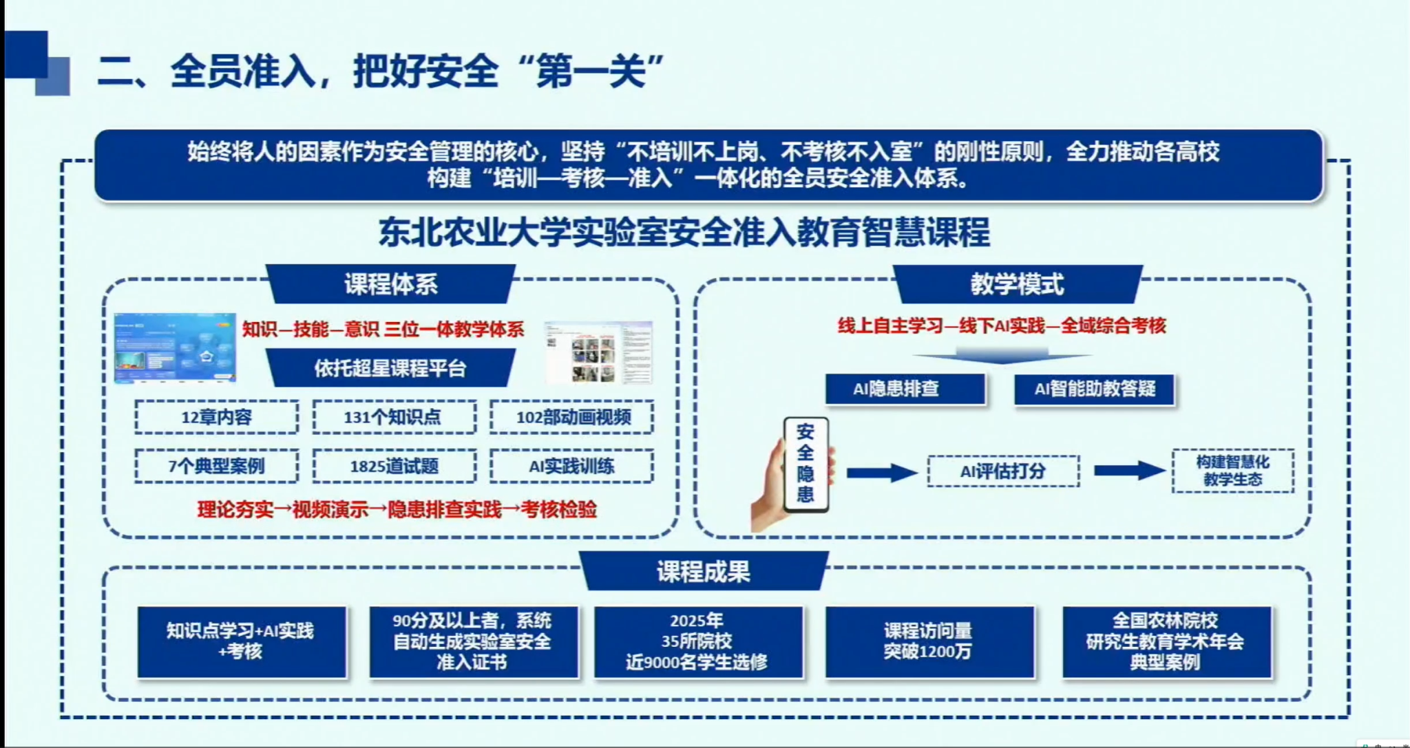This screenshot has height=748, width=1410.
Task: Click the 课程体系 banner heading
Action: tap(390, 284)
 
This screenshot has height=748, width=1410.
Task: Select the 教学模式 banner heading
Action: tap(1017, 284)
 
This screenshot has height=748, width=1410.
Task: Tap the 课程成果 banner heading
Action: tap(703, 571)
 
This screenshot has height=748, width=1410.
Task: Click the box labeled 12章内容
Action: tap(217, 417)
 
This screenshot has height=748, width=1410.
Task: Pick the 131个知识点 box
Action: tap(394, 417)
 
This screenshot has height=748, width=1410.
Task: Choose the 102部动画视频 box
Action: tap(572, 417)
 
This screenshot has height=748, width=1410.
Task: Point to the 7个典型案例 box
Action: tap(217, 467)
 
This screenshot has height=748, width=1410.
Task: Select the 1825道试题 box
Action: tap(394, 467)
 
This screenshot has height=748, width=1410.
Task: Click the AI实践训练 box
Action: tap(572, 467)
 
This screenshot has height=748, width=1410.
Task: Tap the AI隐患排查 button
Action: tap(905, 389)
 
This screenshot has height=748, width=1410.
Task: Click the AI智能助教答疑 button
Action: tap(1094, 389)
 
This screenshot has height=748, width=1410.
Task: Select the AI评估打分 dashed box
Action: tap(1003, 471)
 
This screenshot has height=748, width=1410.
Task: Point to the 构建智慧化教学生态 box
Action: tap(1232, 471)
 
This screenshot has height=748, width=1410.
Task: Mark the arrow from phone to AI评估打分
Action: tap(881, 472)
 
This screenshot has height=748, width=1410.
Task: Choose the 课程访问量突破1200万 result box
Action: tap(929, 642)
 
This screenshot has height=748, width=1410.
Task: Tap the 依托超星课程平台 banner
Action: tap(390, 368)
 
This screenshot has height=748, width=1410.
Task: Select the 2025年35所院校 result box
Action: tap(697, 642)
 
